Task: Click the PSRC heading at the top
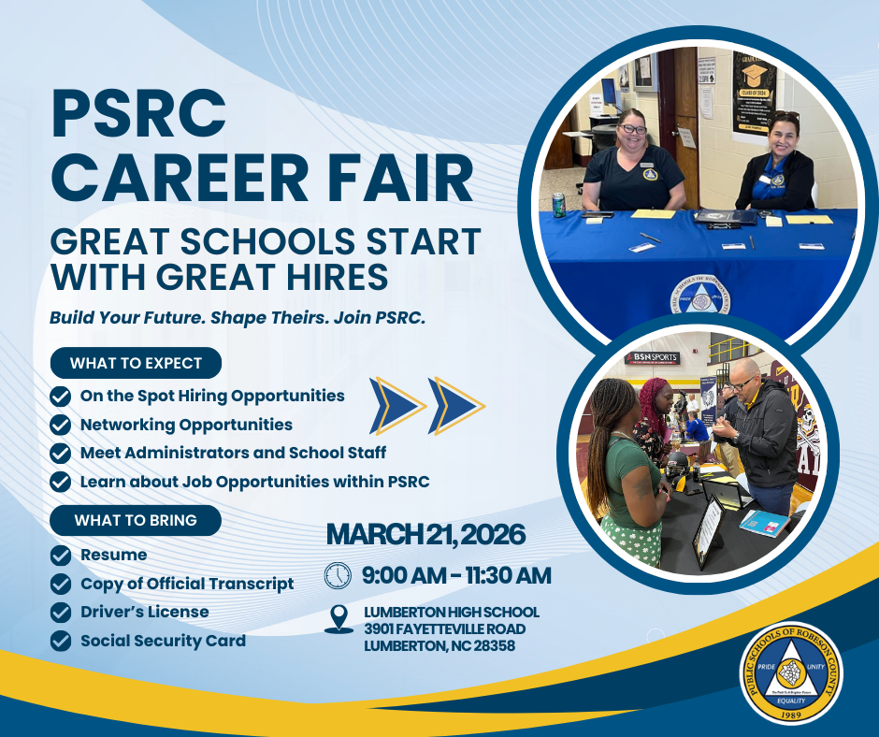click(138, 109)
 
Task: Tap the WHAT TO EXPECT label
click(137, 363)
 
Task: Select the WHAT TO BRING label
click(137, 520)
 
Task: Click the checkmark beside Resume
click(61, 556)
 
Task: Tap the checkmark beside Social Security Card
click(61, 642)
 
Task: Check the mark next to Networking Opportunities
click(61, 425)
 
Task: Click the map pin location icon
click(339, 619)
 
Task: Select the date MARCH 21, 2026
click(425, 535)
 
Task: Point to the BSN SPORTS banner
click(652, 357)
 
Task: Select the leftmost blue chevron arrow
click(397, 405)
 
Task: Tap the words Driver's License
click(145, 612)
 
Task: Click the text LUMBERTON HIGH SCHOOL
click(451, 612)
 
